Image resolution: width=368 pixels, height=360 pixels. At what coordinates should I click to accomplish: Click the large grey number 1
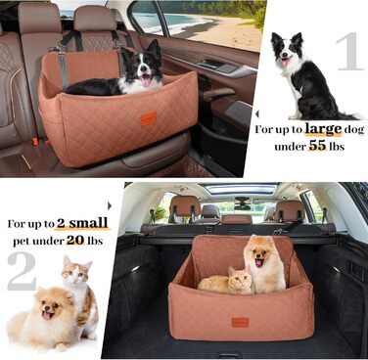pyautogui.click(x=349, y=51)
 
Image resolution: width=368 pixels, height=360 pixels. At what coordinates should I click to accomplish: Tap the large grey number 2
pyautogui.click(x=22, y=272)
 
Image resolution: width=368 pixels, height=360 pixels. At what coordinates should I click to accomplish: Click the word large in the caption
pyautogui.click(x=323, y=129)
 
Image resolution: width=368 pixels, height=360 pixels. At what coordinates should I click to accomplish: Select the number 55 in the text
pyautogui.click(x=317, y=146)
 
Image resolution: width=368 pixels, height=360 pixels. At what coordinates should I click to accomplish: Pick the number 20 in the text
pyautogui.click(x=75, y=241)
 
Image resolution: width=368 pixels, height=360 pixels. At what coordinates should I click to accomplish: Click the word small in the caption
pyautogui.click(x=88, y=223)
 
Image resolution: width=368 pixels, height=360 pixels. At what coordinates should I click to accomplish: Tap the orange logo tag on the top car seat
pyautogui.click(x=149, y=118)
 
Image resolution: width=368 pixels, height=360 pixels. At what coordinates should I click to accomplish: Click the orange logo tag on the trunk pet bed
pyautogui.click(x=240, y=322)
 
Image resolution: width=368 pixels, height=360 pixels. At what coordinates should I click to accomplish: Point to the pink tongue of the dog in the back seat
pyautogui.click(x=146, y=80)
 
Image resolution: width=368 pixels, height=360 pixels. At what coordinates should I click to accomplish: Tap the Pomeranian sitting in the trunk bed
pyautogui.click(x=264, y=263)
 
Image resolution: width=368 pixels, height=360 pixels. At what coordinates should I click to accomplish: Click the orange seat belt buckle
pyautogui.click(x=35, y=142)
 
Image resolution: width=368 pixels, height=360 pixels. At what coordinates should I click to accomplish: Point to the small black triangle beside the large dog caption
pyautogui.click(x=256, y=114)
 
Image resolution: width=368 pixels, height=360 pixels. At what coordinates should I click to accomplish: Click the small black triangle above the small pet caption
pyautogui.click(x=110, y=205)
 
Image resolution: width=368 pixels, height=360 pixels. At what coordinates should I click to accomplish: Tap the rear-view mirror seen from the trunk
pyautogui.click(x=243, y=202)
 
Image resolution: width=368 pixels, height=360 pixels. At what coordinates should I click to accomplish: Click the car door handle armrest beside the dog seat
pyautogui.click(x=218, y=94)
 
